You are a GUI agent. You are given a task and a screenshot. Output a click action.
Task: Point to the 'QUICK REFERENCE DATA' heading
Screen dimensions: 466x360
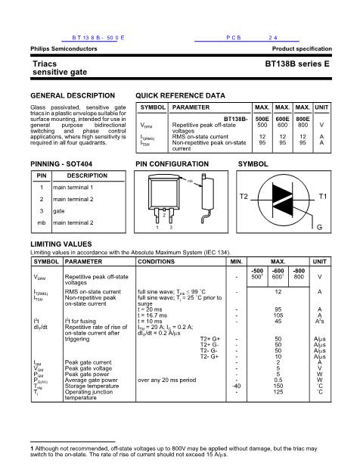tap(179, 96)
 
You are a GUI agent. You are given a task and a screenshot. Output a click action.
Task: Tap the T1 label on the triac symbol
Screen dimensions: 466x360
tap(323, 197)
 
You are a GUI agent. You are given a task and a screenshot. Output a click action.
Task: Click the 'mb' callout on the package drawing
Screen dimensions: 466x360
tap(190, 180)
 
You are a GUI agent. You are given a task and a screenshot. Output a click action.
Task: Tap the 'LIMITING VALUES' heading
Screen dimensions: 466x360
tap(61, 244)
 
